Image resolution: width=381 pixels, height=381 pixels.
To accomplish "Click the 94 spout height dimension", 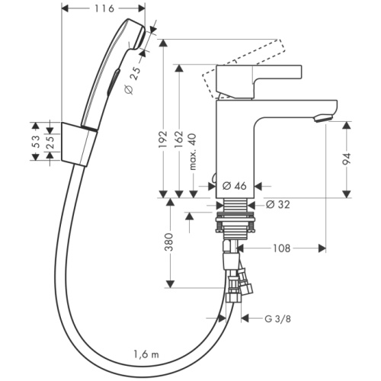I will point(348,158).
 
